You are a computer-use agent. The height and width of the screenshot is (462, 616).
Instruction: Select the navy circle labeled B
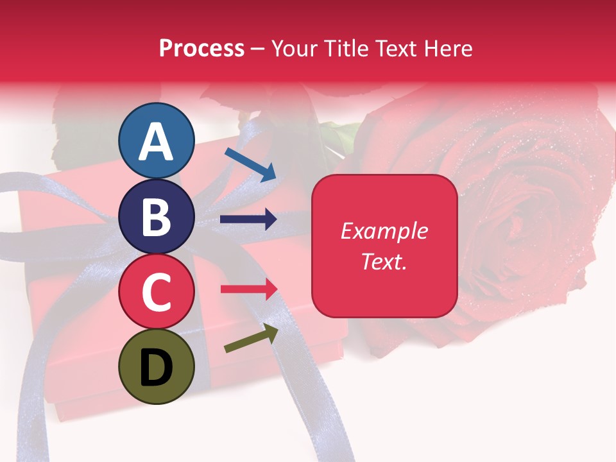(156, 217)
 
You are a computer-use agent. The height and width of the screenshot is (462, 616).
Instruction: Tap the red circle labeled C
(156, 292)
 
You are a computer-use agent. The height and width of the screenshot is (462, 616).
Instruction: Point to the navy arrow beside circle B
(248, 219)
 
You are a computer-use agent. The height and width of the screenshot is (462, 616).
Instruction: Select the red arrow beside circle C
(248, 289)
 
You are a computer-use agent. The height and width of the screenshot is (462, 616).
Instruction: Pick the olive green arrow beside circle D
(251, 338)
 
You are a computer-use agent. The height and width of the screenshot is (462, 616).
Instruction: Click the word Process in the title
(201, 49)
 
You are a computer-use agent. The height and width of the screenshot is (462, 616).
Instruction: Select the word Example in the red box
(384, 231)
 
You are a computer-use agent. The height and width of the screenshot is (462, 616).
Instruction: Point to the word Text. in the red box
(384, 261)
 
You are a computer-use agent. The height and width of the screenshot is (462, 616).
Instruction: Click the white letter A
(156, 141)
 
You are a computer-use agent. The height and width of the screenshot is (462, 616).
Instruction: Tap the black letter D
(156, 368)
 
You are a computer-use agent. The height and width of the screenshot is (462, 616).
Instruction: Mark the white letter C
(156, 292)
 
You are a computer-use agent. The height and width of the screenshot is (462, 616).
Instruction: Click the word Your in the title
(295, 49)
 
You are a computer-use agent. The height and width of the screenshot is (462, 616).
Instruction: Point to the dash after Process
(258, 49)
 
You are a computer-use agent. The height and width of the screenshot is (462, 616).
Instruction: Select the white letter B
(156, 217)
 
